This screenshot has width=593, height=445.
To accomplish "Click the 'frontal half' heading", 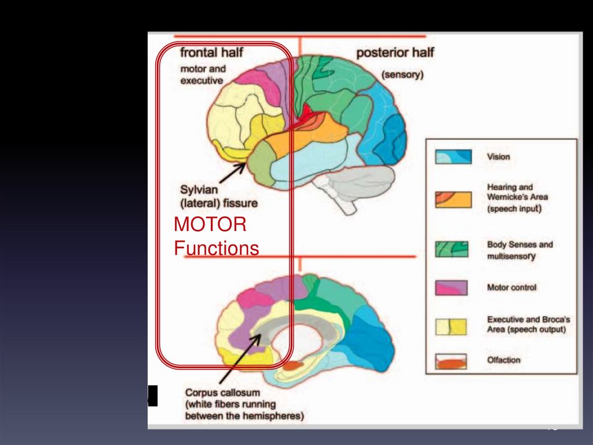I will (211, 53).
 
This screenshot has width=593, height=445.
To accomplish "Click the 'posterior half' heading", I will (395, 53).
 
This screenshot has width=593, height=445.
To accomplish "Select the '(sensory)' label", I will (402, 74).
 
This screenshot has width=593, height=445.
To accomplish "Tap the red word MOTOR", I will (210, 225).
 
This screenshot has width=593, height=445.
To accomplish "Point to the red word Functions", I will (217, 248).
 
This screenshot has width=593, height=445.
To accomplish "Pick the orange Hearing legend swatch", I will (453, 198).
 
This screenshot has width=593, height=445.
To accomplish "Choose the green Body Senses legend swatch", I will (453, 248).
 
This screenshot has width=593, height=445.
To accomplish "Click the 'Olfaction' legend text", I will (504, 360).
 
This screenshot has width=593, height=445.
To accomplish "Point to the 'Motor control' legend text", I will (512, 288).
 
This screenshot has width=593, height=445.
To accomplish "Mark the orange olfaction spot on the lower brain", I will (293, 366).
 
